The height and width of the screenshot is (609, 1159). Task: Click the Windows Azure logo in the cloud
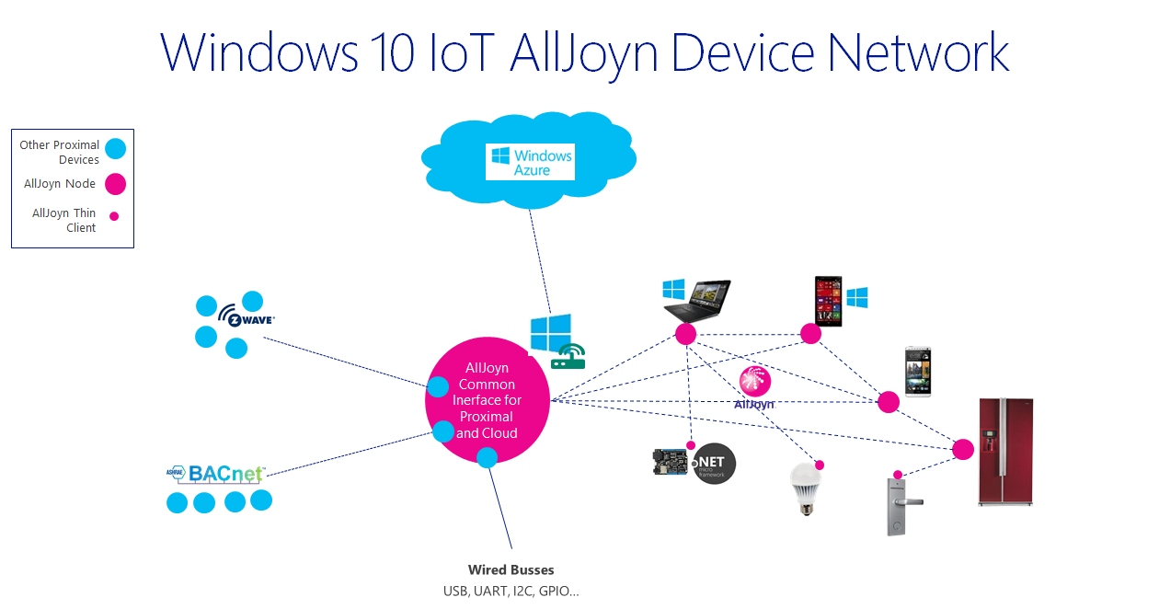(x=530, y=162)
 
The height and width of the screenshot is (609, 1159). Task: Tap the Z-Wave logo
(x=246, y=317)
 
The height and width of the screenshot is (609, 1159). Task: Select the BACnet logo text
(x=226, y=474)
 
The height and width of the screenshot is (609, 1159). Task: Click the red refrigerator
(x=1005, y=452)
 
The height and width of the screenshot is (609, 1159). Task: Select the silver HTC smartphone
(x=918, y=371)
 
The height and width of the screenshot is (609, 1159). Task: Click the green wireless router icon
(x=568, y=357)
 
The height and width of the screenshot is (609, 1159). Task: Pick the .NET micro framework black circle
(x=714, y=465)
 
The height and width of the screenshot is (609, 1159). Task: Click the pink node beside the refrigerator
(x=963, y=450)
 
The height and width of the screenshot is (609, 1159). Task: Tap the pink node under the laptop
(x=685, y=334)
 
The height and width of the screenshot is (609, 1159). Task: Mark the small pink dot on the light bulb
(x=820, y=465)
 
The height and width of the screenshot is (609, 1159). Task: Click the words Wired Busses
(x=511, y=570)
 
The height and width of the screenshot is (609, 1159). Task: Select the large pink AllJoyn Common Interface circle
(x=487, y=401)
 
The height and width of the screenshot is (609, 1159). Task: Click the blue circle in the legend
(x=115, y=148)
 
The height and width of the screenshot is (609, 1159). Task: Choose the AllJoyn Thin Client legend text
(x=64, y=221)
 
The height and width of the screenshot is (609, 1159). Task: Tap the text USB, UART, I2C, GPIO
(x=511, y=592)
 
